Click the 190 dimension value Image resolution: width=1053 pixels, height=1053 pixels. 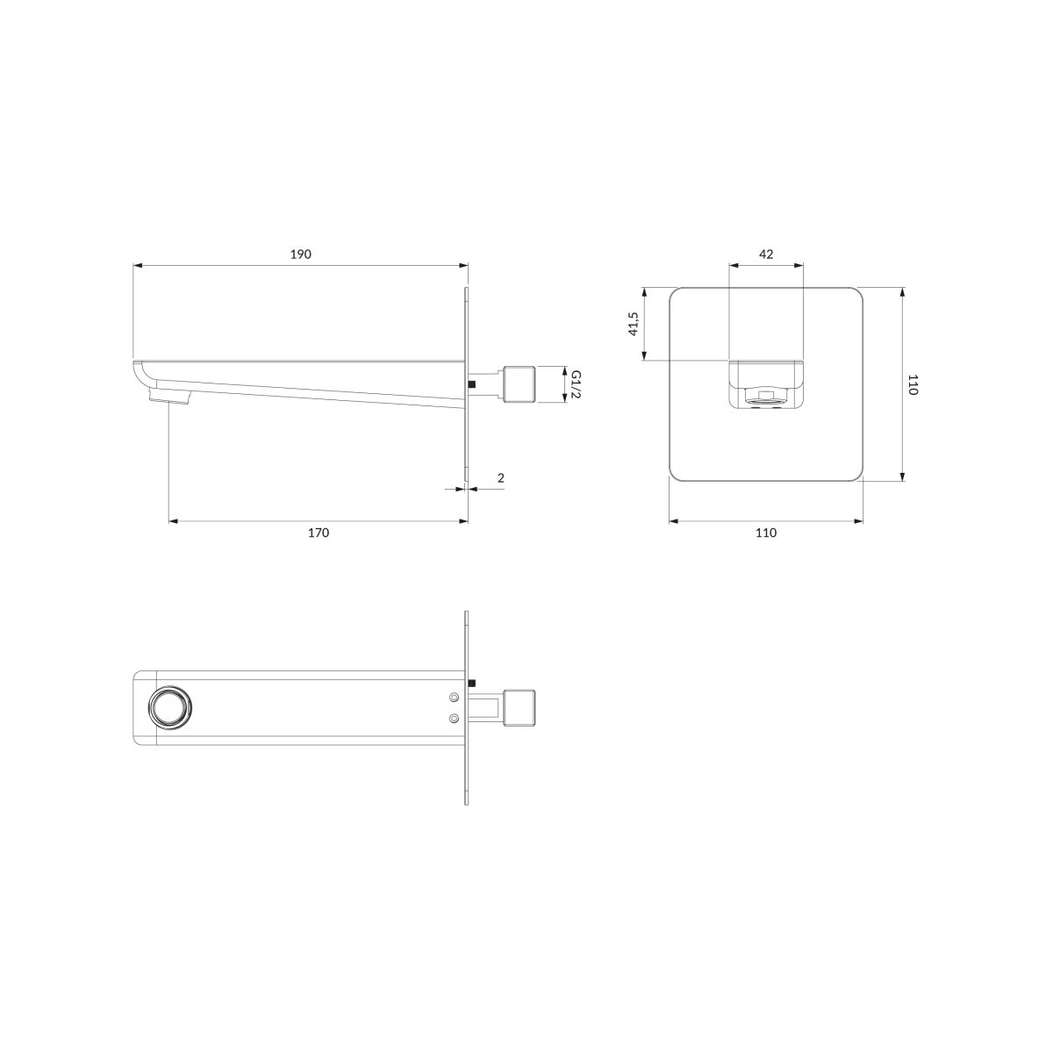pos(301,254)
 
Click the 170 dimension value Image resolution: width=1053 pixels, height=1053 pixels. pos(319,533)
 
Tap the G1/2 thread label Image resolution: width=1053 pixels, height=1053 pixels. pos(576,384)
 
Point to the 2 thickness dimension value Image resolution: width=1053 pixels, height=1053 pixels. pos(501,478)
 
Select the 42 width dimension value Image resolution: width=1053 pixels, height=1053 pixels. pos(766,254)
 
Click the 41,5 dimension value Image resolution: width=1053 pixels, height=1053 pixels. pos(634,324)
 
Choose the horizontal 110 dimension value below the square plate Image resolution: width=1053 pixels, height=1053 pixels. pos(766,533)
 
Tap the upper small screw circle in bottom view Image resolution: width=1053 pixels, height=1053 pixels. pos(454,697)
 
